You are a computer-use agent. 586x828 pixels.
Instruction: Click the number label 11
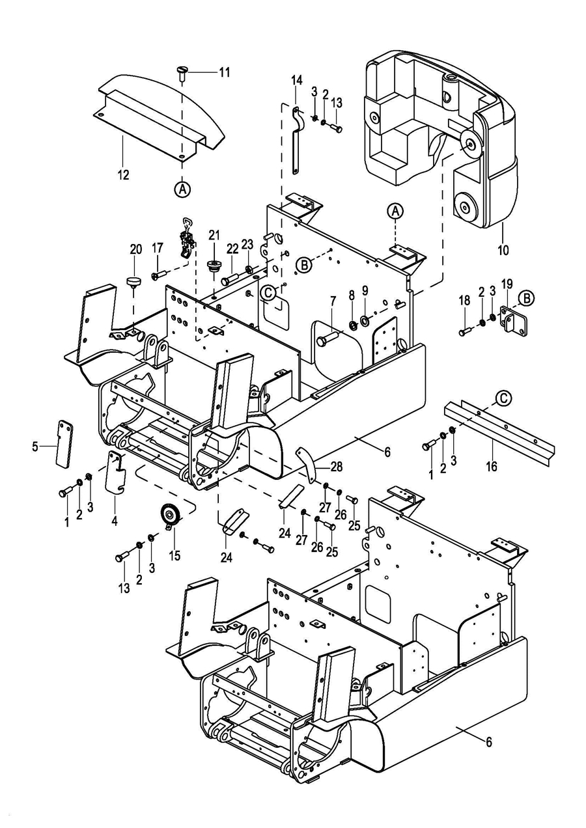point(224,72)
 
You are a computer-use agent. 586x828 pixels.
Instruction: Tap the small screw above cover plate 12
point(182,71)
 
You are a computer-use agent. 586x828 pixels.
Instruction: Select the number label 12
point(123,174)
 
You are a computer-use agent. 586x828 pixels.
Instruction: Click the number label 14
point(297,80)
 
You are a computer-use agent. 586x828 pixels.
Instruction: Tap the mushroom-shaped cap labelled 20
point(134,281)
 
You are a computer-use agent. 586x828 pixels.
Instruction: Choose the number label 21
point(215,234)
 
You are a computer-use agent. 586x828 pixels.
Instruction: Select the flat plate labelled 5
point(63,443)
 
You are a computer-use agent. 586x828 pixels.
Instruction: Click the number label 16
point(492,466)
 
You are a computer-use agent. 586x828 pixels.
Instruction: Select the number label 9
point(365,290)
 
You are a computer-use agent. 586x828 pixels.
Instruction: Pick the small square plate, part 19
point(512,321)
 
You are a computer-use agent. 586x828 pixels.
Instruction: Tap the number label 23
point(247,244)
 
